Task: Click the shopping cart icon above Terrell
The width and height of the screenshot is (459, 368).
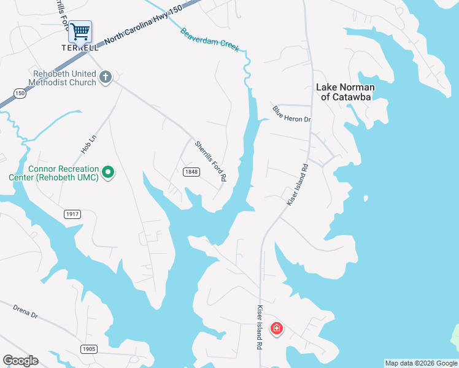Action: pyautogui.click(x=80, y=31)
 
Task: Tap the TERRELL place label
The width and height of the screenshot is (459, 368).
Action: pyautogui.click(x=80, y=47)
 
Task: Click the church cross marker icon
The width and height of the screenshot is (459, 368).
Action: pyautogui.click(x=105, y=78)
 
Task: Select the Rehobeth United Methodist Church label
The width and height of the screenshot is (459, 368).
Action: pyautogui.click(x=64, y=78)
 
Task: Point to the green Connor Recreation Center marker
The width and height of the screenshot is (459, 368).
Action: pyautogui.click(x=108, y=173)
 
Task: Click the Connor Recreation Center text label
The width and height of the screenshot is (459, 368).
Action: pyautogui.click(x=62, y=173)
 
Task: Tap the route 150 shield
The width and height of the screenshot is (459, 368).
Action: pyautogui.click(x=20, y=93)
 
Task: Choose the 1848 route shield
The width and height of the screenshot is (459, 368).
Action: pyautogui.click(x=191, y=172)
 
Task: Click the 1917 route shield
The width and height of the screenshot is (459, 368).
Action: pyautogui.click(x=72, y=213)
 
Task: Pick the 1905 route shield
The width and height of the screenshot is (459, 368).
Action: pyautogui.click(x=88, y=349)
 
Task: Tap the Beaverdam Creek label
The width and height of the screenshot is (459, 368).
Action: pyautogui.click(x=209, y=40)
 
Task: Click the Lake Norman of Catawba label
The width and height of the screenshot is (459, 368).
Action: pyautogui.click(x=345, y=92)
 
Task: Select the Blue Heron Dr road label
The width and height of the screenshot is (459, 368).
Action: pyautogui.click(x=292, y=113)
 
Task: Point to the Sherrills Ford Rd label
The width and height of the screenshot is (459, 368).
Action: pyautogui.click(x=211, y=161)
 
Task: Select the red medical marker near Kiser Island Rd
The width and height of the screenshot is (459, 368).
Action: pyautogui.click(x=277, y=329)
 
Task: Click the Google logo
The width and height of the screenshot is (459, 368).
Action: pyautogui.click(x=20, y=361)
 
